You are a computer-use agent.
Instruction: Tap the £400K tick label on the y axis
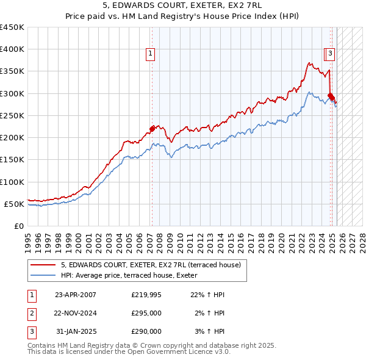point(12,49)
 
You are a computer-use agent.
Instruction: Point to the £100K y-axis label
point(12,182)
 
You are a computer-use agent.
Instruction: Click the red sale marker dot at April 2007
point(152,128)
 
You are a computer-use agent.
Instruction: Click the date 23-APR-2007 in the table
point(76,295)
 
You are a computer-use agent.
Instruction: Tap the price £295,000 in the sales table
point(146,313)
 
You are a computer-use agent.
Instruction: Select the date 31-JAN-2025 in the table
point(76,331)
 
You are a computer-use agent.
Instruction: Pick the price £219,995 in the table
point(146,295)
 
